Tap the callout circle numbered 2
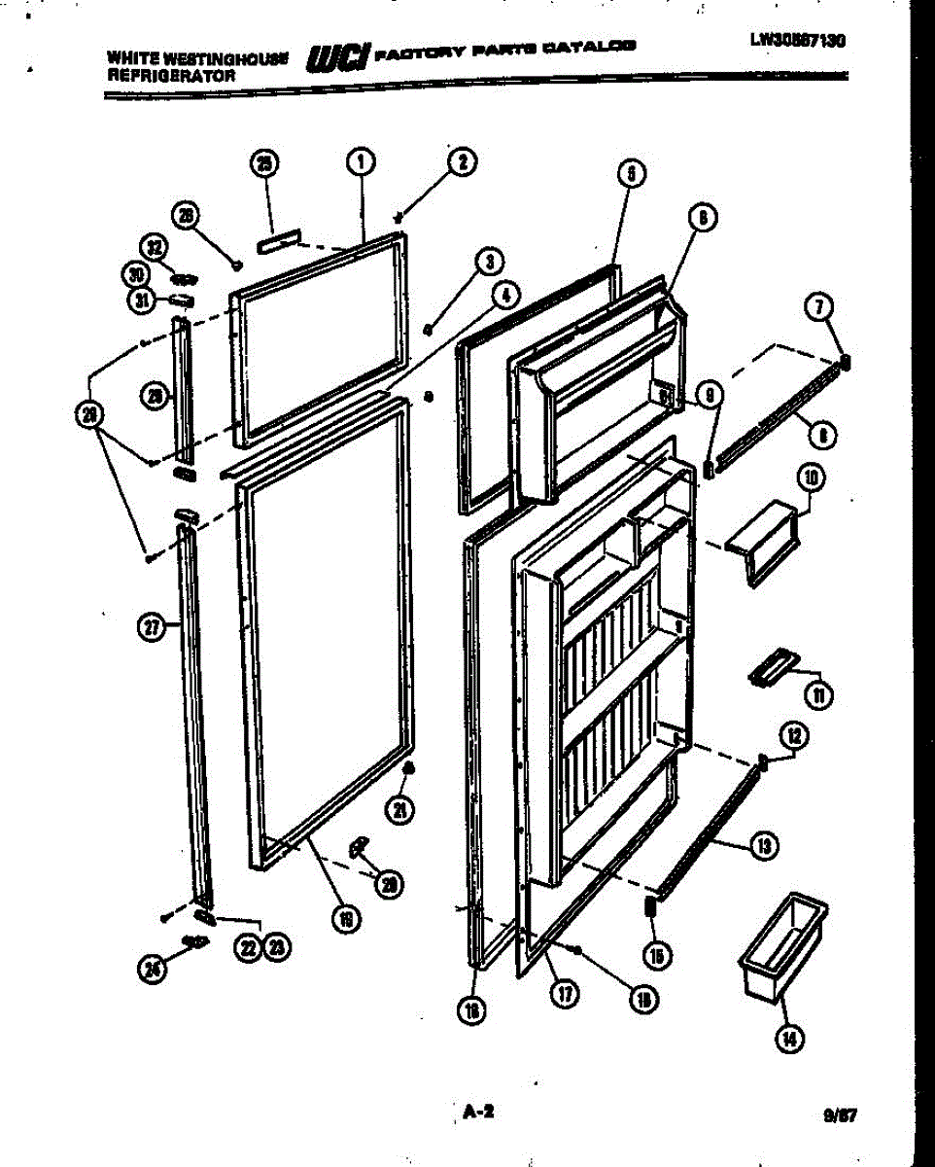pyautogui.click(x=462, y=162)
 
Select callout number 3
pyautogui.click(x=489, y=261)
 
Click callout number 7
pyautogui.click(x=818, y=308)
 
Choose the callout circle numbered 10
pyautogui.click(x=810, y=477)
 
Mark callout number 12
pyautogui.click(x=794, y=736)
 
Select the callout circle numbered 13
pyautogui.click(x=765, y=848)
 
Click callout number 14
pyautogui.click(x=790, y=1040)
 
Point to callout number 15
pyautogui.click(x=656, y=956)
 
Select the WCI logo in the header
pyautogui.click(x=337, y=59)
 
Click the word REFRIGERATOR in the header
pyautogui.click(x=157, y=74)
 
